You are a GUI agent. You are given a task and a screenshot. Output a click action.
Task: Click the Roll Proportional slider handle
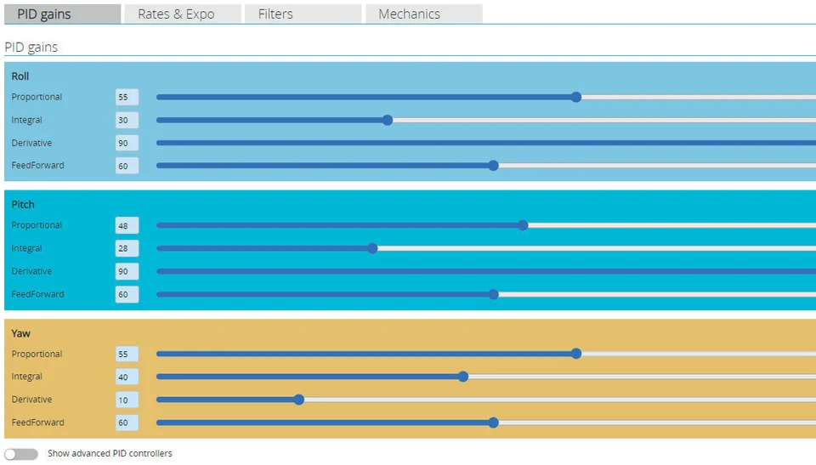click(576, 97)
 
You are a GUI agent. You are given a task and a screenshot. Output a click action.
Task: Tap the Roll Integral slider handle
click(388, 120)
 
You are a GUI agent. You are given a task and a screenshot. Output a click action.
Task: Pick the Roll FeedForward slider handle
click(493, 166)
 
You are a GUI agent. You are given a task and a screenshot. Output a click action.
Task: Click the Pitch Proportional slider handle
click(523, 225)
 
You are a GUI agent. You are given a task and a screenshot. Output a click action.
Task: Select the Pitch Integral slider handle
click(372, 248)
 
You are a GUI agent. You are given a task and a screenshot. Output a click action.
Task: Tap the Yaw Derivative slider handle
click(298, 400)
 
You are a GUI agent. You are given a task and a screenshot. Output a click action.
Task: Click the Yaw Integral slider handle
click(463, 377)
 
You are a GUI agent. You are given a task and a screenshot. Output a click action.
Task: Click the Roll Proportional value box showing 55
click(127, 98)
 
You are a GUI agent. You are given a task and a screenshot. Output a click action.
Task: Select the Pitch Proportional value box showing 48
click(127, 225)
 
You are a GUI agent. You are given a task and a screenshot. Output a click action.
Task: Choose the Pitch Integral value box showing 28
click(127, 248)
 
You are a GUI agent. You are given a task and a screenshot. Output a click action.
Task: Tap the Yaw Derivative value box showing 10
click(127, 400)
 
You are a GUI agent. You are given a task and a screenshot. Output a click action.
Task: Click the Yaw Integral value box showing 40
click(127, 377)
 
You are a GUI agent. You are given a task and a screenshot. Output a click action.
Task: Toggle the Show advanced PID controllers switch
click(20, 454)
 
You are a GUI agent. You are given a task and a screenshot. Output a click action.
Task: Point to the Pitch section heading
click(23, 205)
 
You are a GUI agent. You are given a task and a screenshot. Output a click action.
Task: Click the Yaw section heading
click(20, 333)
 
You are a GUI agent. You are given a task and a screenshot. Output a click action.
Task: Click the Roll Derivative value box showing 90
click(127, 143)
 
